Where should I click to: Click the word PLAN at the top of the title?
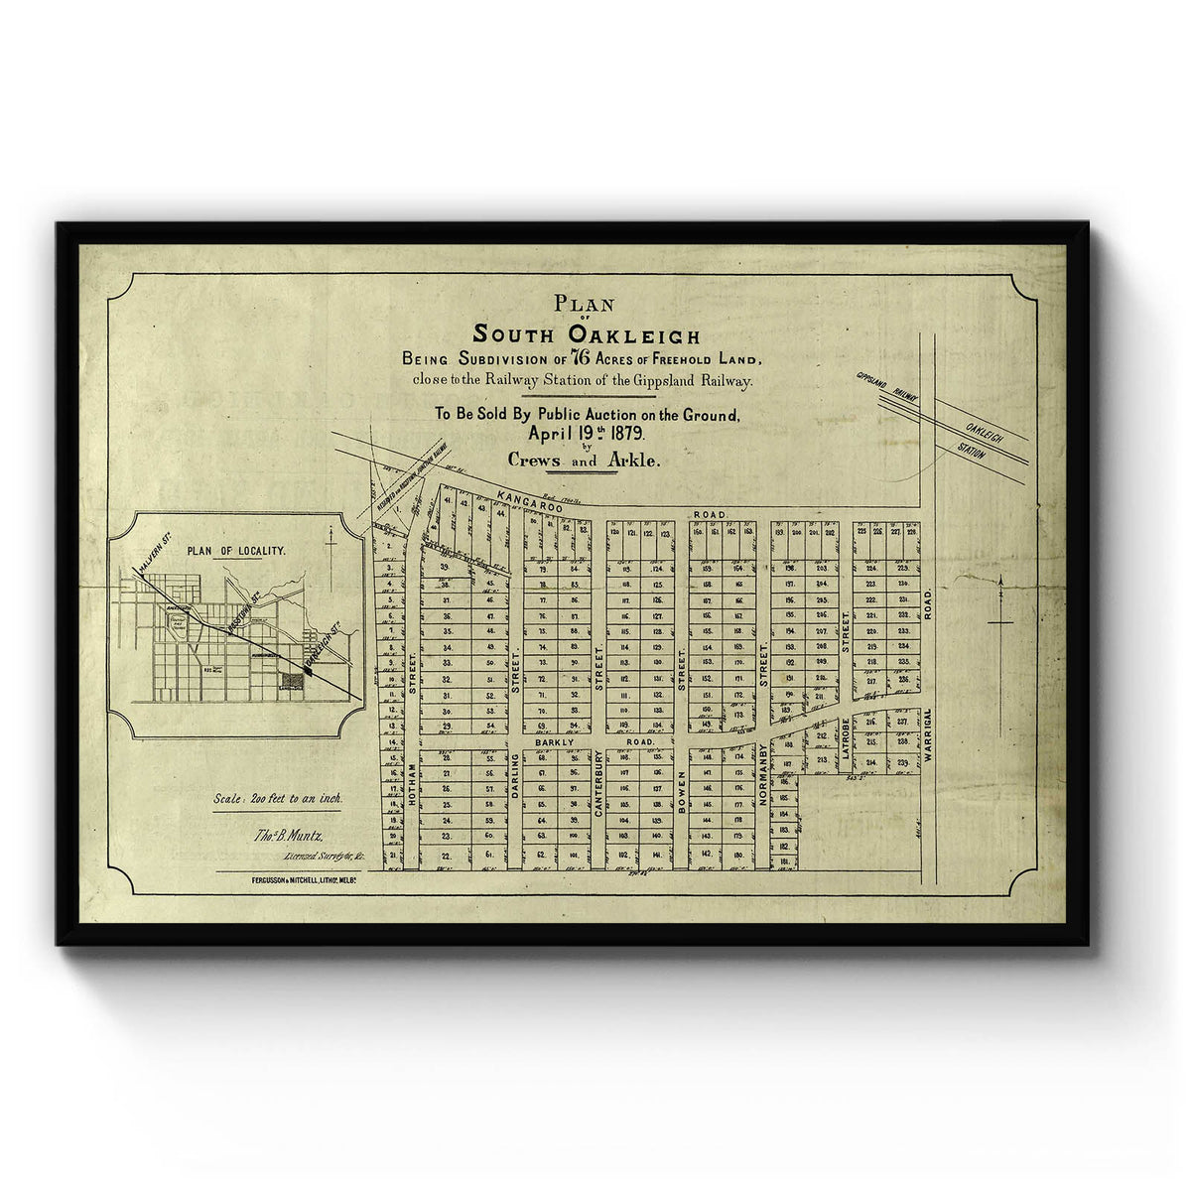click(586, 306)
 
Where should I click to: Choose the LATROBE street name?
click(846, 739)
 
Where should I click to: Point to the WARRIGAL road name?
click(928, 734)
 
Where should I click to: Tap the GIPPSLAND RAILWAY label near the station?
click(885, 387)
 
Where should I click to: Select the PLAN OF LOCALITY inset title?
click(236, 550)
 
